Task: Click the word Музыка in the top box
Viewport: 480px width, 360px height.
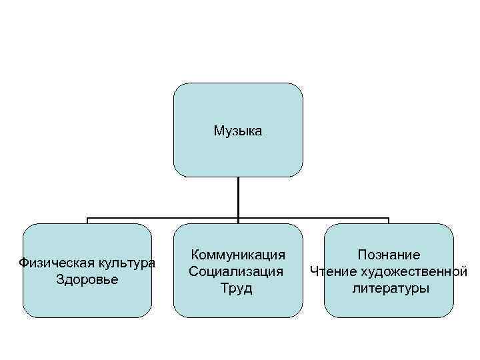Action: pos(238,131)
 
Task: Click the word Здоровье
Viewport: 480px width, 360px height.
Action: pos(87,279)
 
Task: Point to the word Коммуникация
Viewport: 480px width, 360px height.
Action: pos(238,255)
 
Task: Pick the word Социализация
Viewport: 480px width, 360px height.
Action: pos(236,271)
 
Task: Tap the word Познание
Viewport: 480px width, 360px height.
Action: pos(389,255)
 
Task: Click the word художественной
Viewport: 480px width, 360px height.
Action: pos(413,271)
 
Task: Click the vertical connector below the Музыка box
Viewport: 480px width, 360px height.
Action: pos(238,197)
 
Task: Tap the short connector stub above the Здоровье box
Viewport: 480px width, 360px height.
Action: pos(87,221)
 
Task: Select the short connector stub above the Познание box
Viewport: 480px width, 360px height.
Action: pos(389,221)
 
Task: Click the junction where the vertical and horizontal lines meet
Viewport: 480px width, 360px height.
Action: pos(238,218)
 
